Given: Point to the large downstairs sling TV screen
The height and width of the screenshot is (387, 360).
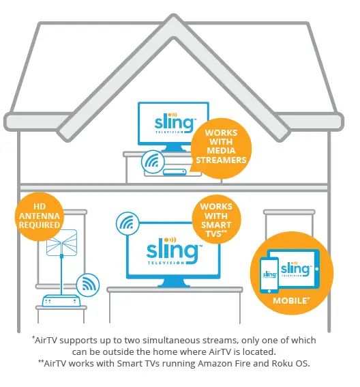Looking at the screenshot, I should pos(173,253).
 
